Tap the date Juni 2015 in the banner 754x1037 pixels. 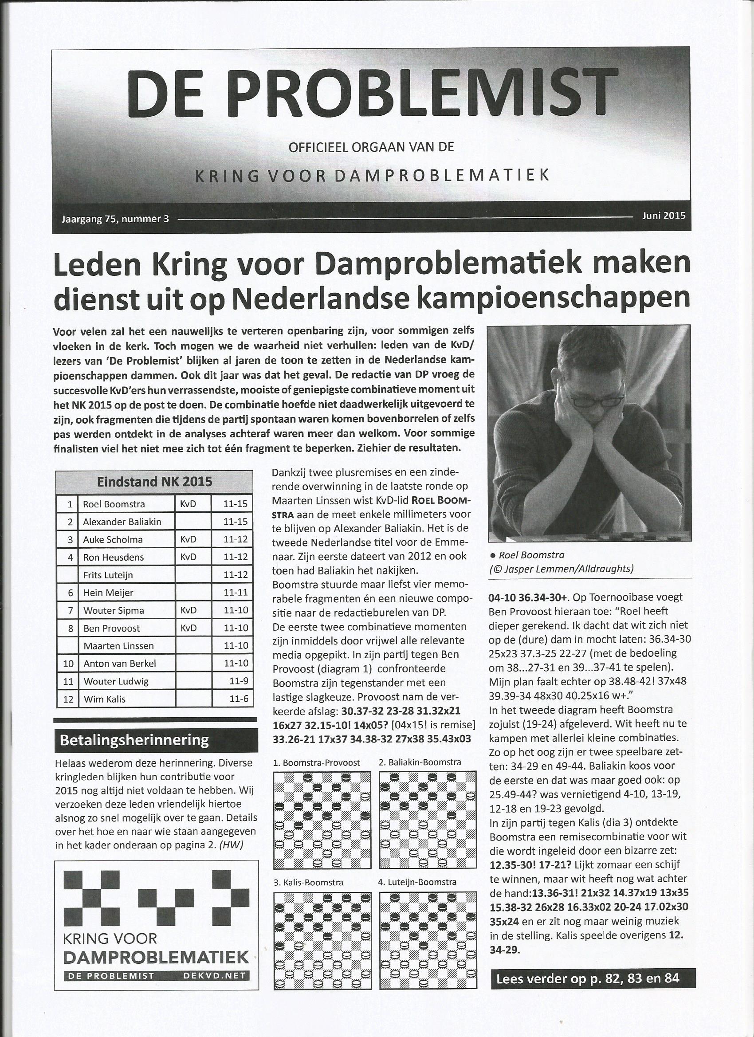point(664,216)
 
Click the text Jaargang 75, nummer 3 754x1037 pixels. point(115,219)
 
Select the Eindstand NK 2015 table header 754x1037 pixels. point(154,482)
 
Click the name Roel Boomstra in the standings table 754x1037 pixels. point(114,504)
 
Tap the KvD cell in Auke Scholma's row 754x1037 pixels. point(188,539)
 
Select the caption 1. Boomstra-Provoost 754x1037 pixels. point(316,762)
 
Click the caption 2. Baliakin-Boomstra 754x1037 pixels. point(419,762)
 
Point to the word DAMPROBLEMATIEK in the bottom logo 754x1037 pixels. point(157,957)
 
